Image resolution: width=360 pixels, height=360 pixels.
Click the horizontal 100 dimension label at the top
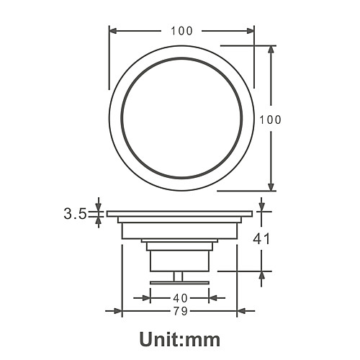(x=181, y=31)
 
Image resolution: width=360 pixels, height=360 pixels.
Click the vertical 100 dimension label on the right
(x=270, y=120)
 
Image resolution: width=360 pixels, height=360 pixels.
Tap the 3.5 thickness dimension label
(x=75, y=214)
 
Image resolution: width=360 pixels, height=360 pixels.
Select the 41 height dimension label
(x=261, y=239)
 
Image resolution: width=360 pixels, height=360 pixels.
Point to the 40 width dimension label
(x=180, y=298)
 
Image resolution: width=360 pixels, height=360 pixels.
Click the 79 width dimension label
(x=180, y=311)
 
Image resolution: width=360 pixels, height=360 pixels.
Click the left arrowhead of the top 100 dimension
(x=113, y=31)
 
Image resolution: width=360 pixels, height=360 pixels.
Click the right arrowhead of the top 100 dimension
(x=251, y=31)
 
